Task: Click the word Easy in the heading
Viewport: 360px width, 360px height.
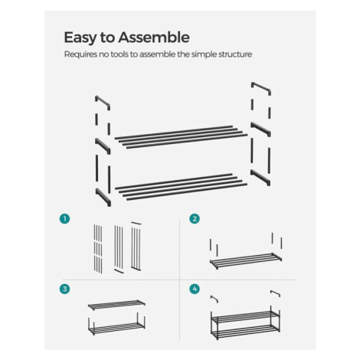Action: click(80, 38)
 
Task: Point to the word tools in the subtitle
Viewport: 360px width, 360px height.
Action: click(119, 54)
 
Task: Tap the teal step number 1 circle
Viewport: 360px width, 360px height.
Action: click(64, 219)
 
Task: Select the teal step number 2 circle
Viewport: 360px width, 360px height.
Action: click(195, 219)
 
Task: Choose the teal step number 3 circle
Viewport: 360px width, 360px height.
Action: click(64, 289)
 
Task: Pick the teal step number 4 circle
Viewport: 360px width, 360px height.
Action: click(195, 289)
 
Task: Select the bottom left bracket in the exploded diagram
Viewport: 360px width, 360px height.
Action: click(103, 196)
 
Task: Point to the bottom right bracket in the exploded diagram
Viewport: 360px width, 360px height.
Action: click(260, 177)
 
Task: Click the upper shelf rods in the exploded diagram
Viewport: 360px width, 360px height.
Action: click(181, 137)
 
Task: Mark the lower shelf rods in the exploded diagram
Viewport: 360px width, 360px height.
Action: click(181, 187)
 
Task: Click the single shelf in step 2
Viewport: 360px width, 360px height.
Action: click(246, 260)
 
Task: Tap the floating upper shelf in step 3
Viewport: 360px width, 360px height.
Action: click(116, 305)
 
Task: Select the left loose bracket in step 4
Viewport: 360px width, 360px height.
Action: click(214, 299)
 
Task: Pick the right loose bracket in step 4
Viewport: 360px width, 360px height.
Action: click(276, 293)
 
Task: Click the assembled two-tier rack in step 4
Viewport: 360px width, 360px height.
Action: click(245, 325)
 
